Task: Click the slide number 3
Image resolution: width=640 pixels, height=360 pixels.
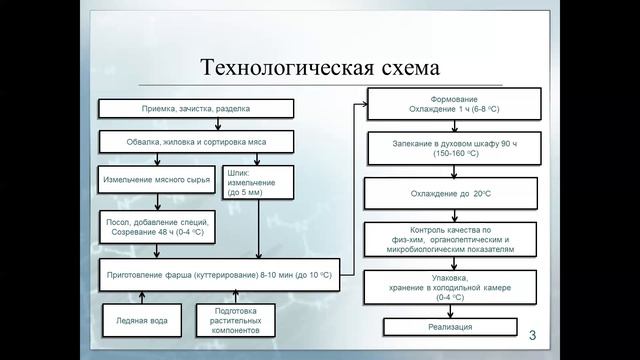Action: [x=532, y=332]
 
